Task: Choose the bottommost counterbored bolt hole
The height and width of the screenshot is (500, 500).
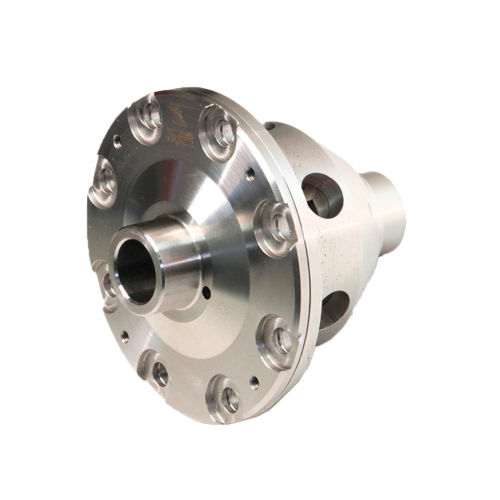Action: click(x=225, y=397)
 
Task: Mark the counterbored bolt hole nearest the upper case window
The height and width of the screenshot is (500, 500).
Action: click(x=277, y=225)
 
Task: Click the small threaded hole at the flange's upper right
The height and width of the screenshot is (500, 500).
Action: click(x=250, y=175)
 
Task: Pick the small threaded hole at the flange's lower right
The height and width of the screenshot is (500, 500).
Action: click(x=254, y=382)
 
